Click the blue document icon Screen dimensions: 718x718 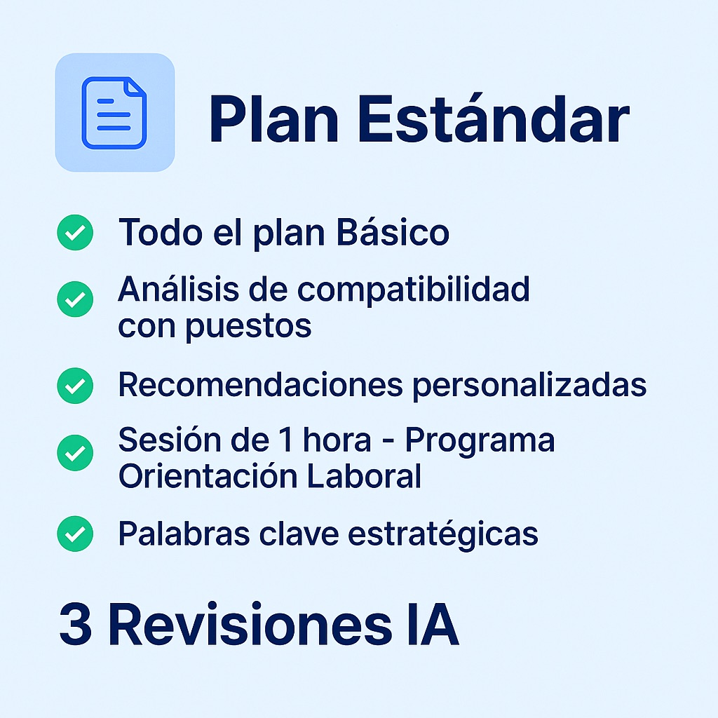[114, 113]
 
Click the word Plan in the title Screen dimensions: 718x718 [273, 120]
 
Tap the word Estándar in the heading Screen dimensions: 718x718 [493, 118]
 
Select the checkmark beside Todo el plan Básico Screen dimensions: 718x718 [75, 232]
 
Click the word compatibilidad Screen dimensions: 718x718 [414, 290]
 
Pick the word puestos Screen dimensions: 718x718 [248, 327]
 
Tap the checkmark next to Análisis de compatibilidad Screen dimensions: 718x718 [75, 299]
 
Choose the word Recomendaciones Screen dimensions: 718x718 [261, 385]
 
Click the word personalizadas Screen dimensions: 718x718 [529, 386]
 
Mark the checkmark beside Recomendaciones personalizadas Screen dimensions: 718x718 [75, 386]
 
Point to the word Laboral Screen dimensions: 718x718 [364, 476]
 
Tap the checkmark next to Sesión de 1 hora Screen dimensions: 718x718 [75, 453]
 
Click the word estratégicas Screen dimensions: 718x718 [443, 534]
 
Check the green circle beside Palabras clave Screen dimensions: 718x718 [75, 534]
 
